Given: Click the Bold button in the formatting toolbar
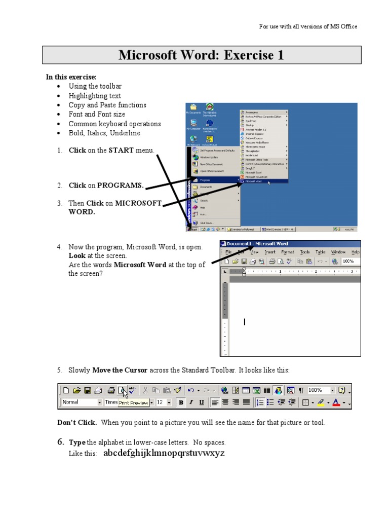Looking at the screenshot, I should pyautogui.click(x=181, y=402).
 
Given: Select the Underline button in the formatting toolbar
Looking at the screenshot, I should pyautogui.click(x=202, y=402).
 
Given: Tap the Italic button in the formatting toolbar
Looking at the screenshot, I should pyautogui.click(x=191, y=402).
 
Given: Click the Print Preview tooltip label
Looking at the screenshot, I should pyautogui.click(x=134, y=403).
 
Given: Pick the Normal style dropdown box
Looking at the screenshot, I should pyautogui.click(x=81, y=402).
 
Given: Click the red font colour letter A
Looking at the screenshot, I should pyautogui.click(x=335, y=402).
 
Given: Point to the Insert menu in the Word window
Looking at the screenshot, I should pyautogui.click(x=269, y=252).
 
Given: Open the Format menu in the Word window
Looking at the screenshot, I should pyautogui.click(x=287, y=252).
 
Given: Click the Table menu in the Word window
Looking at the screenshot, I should pyautogui.click(x=320, y=252).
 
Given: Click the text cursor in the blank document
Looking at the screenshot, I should pyautogui.click(x=245, y=322).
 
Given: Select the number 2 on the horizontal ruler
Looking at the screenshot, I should pyautogui.click(x=316, y=272).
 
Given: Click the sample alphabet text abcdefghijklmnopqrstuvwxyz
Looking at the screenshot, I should pyautogui.click(x=164, y=453).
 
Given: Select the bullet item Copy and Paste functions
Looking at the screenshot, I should pyautogui.click(x=107, y=105).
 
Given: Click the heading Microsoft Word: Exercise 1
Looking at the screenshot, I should pyautogui.click(x=201, y=55).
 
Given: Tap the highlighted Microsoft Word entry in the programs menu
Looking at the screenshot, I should pyautogui.click(x=264, y=180).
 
